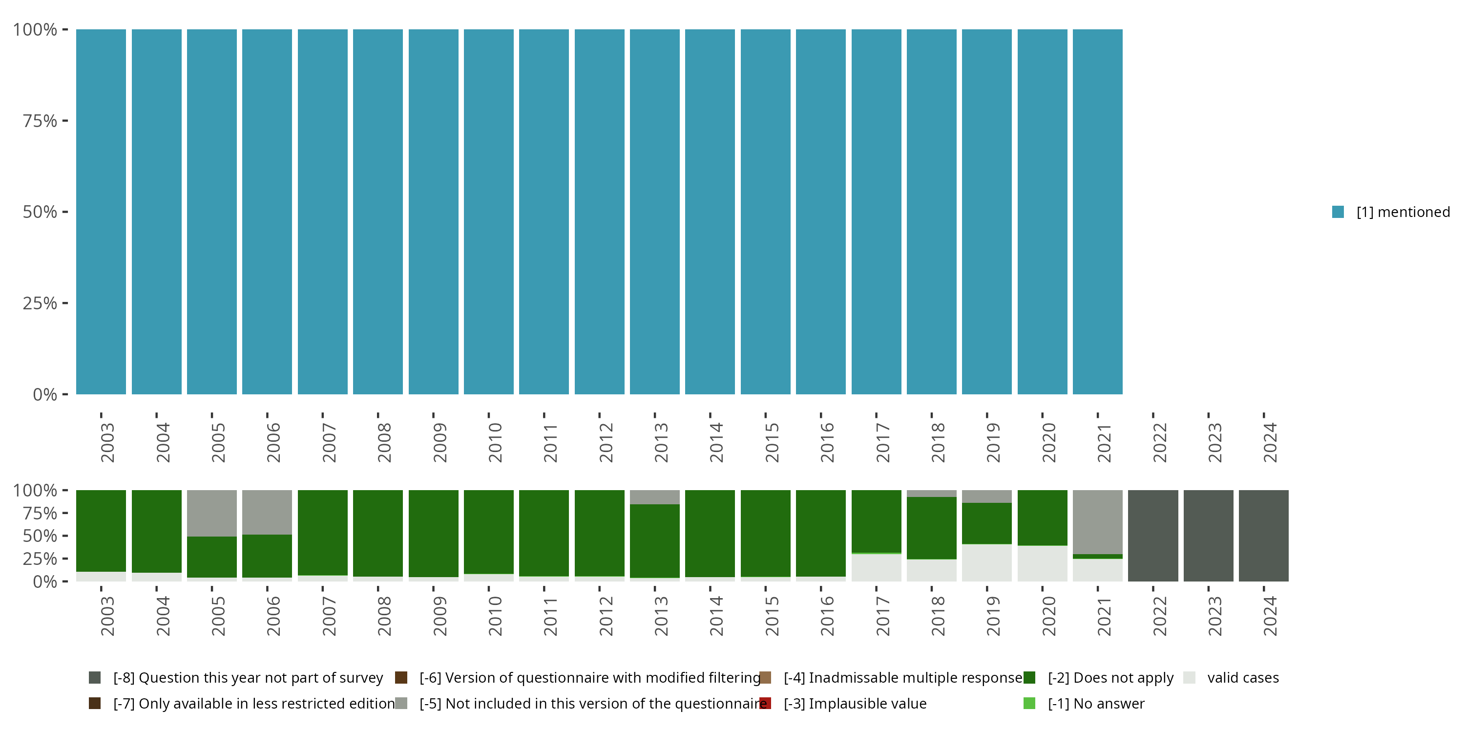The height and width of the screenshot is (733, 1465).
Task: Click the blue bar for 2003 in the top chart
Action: click(101, 212)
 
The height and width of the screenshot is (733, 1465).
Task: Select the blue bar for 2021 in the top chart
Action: click(1097, 212)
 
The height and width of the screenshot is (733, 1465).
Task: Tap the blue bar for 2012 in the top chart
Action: click(599, 212)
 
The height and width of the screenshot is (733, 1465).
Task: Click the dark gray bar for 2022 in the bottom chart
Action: click(1153, 536)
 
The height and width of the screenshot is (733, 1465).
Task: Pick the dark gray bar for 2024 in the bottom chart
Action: click(1263, 536)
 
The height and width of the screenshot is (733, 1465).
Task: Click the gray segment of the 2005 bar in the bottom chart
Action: click(211, 513)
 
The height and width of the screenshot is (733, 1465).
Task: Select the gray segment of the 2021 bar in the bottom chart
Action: click(1097, 521)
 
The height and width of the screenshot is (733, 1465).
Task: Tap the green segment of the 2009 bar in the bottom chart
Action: click(433, 533)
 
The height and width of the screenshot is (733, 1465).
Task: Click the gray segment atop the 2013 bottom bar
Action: click(654, 497)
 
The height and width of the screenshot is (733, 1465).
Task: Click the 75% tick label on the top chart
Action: click(40, 121)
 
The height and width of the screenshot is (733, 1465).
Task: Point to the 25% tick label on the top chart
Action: click(40, 303)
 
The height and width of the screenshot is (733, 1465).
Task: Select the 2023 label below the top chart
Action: click(1214, 442)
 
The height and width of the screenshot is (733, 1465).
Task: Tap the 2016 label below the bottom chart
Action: click(826, 616)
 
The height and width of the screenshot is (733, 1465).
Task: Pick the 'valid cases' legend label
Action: click(1243, 678)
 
